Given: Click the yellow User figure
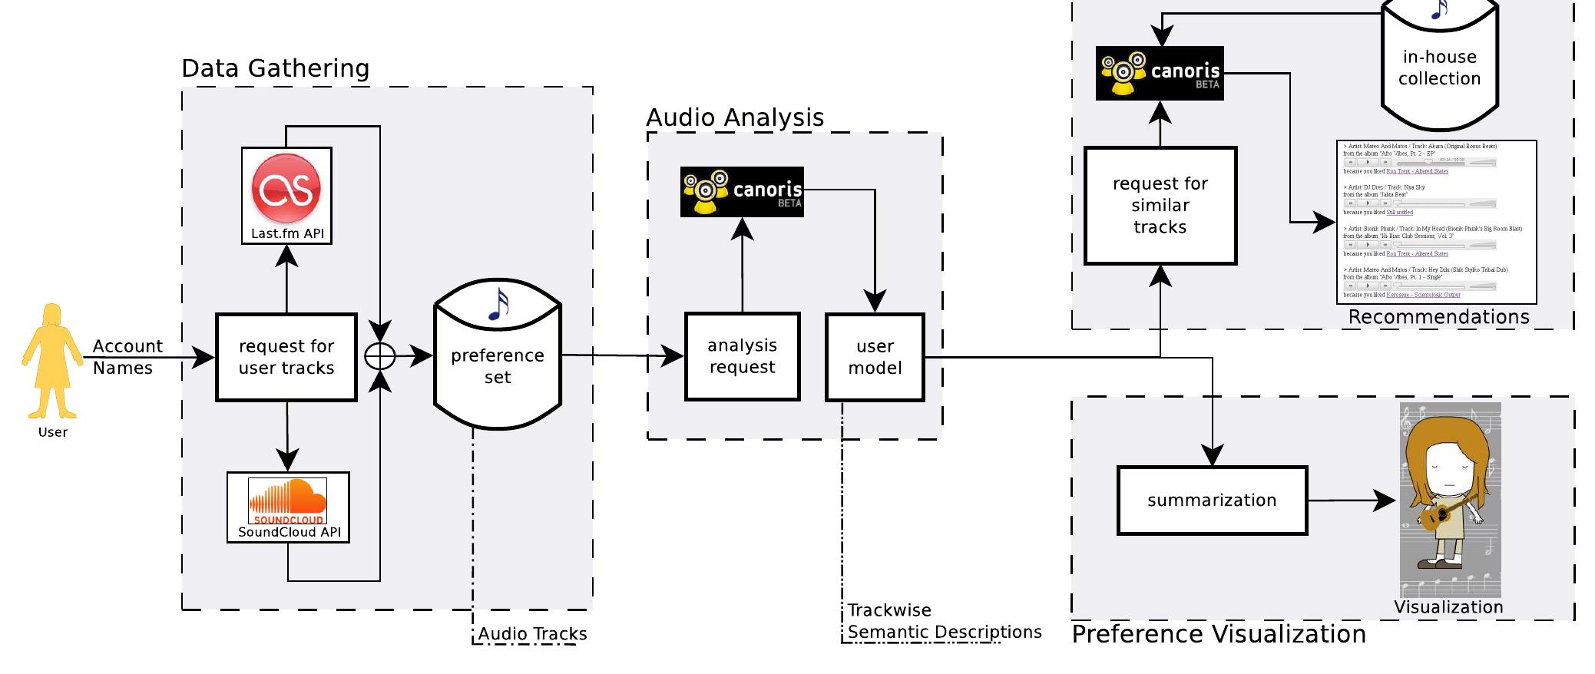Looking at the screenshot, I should pos(52,361).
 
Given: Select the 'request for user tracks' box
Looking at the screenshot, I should pos(286,357).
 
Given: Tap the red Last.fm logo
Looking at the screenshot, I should pos(286,189).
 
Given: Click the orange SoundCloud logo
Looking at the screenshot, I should pos(288,500).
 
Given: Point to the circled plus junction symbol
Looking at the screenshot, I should pos(380,356).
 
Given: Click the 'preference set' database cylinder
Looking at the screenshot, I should pos(498,361).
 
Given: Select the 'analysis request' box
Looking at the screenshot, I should pos(742,356).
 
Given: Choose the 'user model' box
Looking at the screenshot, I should pos(875,357).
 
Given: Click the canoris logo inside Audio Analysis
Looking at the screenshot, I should pos(742,191).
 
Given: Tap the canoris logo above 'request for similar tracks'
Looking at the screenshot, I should pos(1160,74).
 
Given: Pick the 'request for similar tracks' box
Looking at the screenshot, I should pos(1160,206).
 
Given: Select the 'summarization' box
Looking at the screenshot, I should pos(1212,501).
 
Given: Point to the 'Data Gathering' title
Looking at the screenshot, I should pos(276,68).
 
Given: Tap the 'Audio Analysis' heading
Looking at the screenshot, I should pos(735,117).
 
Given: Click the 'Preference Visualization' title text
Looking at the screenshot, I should pos(1219,634).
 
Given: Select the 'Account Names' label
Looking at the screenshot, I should pos(127,357).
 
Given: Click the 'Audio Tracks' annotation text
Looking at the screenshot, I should pos(532,634).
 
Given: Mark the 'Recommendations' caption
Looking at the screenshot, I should pos(1438,317).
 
